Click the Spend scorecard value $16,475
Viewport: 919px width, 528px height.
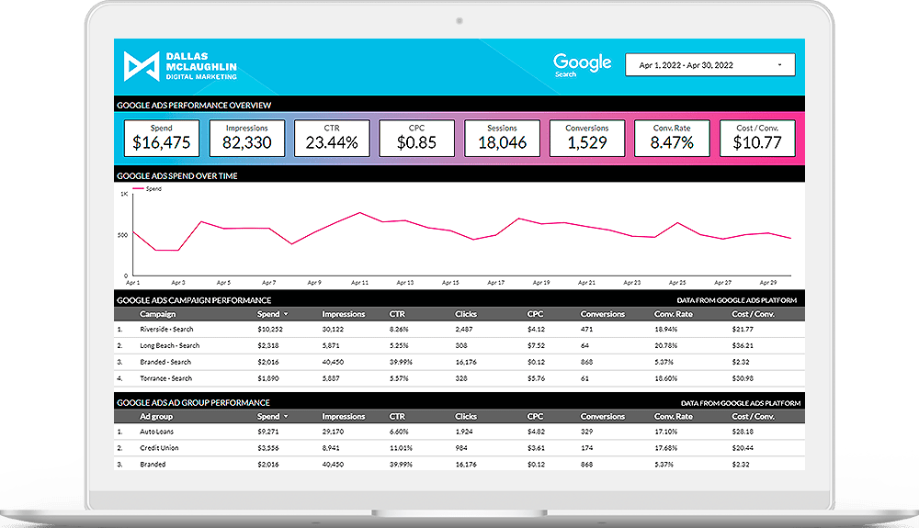tap(162, 142)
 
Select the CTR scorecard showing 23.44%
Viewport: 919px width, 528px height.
tap(332, 142)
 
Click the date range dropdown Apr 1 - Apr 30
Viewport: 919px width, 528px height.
tap(709, 65)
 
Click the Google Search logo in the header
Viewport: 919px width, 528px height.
tap(582, 64)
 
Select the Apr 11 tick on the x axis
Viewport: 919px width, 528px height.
tap(359, 283)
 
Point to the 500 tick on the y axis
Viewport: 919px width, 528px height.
tap(122, 235)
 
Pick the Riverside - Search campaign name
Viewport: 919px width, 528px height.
tap(166, 329)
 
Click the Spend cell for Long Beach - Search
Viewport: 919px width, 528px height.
tap(269, 345)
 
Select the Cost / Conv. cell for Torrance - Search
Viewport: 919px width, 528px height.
tap(744, 378)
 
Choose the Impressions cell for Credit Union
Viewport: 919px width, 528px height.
tap(335, 447)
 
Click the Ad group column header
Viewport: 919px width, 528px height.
tap(155, 416)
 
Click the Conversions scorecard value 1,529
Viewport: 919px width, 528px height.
tap(587, 142)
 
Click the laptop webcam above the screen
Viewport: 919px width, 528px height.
tap(458, 19)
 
